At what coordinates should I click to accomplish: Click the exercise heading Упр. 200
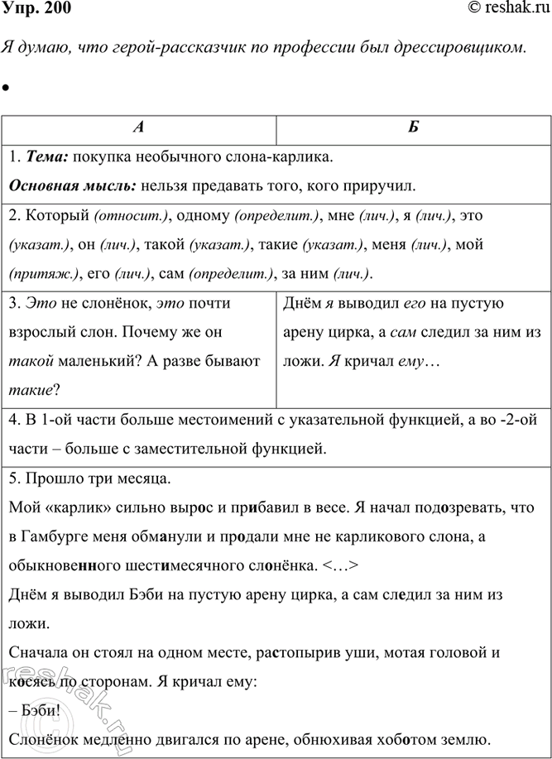pyautogui.click(x=37, y=10)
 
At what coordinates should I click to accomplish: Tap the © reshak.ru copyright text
pyautogui.click(x=505, y=10)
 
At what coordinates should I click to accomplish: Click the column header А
pyautogui.click(x=139, y=128)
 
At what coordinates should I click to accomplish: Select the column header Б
pyautogui.click(x=413, y=128)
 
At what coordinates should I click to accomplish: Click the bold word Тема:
pyautogui.click(x=46, y=156)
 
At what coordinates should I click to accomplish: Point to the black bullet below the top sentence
pyautogui.click(x=6, y=87)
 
